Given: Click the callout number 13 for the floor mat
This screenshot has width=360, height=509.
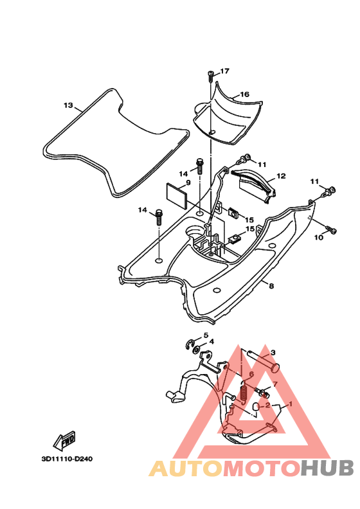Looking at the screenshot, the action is coord(69,105).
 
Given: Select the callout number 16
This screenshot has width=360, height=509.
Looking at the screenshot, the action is coord(244,94).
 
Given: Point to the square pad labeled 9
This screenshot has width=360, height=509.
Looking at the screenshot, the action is coord(177,196).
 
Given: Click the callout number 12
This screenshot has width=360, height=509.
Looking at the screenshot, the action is coord(281,176).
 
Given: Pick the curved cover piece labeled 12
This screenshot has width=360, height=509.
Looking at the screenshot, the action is coord(254,186).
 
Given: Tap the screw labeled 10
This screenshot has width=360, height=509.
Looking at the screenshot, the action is coord(332,230).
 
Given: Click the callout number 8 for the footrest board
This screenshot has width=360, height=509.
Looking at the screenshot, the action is coord(271,285).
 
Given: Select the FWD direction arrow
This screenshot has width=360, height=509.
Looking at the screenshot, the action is coord(64,440).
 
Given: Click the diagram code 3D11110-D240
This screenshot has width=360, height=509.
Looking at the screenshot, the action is coord(67,459).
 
